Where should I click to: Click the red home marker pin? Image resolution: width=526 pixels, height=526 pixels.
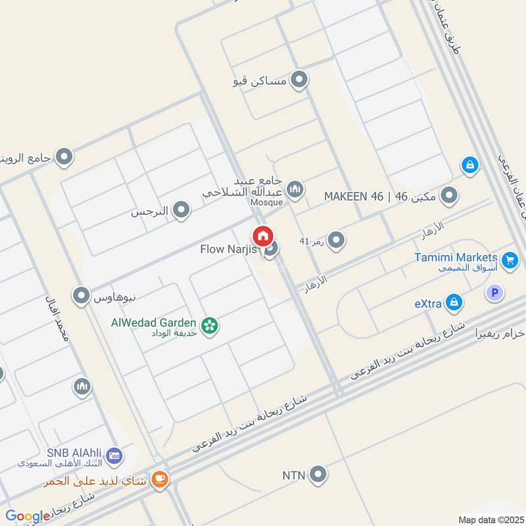pyautogui.click(x=262, y=235)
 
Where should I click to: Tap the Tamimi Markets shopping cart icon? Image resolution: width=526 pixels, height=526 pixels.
pyautogui.click(x=510, y=261)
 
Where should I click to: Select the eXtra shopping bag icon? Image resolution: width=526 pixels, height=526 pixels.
pyautogui.click(x=453, y=303)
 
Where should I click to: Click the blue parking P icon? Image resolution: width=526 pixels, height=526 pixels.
pyautogui.click(x=494, y=293)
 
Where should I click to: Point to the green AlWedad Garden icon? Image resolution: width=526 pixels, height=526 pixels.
pyautogui.click(x=210, y=325)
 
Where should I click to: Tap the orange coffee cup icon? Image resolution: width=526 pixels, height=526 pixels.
pyautogui.click(x=159, y=481)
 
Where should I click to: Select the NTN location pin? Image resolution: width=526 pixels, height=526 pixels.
pyautogui.click(x=318, y=473)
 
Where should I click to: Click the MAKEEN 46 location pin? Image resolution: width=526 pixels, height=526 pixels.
pyautogui.click(x=449, y=195)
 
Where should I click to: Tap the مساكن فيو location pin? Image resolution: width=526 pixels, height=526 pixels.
pyautogui.click(x=299, y=80)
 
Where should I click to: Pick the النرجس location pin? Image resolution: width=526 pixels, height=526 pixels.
pyautogui.click(x=181, y=210)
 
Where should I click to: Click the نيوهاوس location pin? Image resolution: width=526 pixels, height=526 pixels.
pyautogui.click(x=82, y=296)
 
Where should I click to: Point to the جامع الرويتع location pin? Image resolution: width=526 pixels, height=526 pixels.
pyautogui.click(x=64, y=157)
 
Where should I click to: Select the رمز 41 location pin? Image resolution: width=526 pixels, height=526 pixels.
pyautogui.click(x=336, y=241)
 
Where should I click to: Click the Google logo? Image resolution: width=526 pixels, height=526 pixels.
pyautogui.click(x=28, y=517)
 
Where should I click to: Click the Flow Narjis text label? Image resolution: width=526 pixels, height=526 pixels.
pyautogui.click(x=228, y=250)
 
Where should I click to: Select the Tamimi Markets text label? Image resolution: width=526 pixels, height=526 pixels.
pyautogui.click(x=456, y=257)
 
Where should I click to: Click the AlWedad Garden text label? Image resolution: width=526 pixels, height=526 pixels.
pyautogui.click(x=154, y=322)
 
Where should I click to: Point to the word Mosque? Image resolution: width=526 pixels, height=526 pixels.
pyautogui.click(x=266, y=203)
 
